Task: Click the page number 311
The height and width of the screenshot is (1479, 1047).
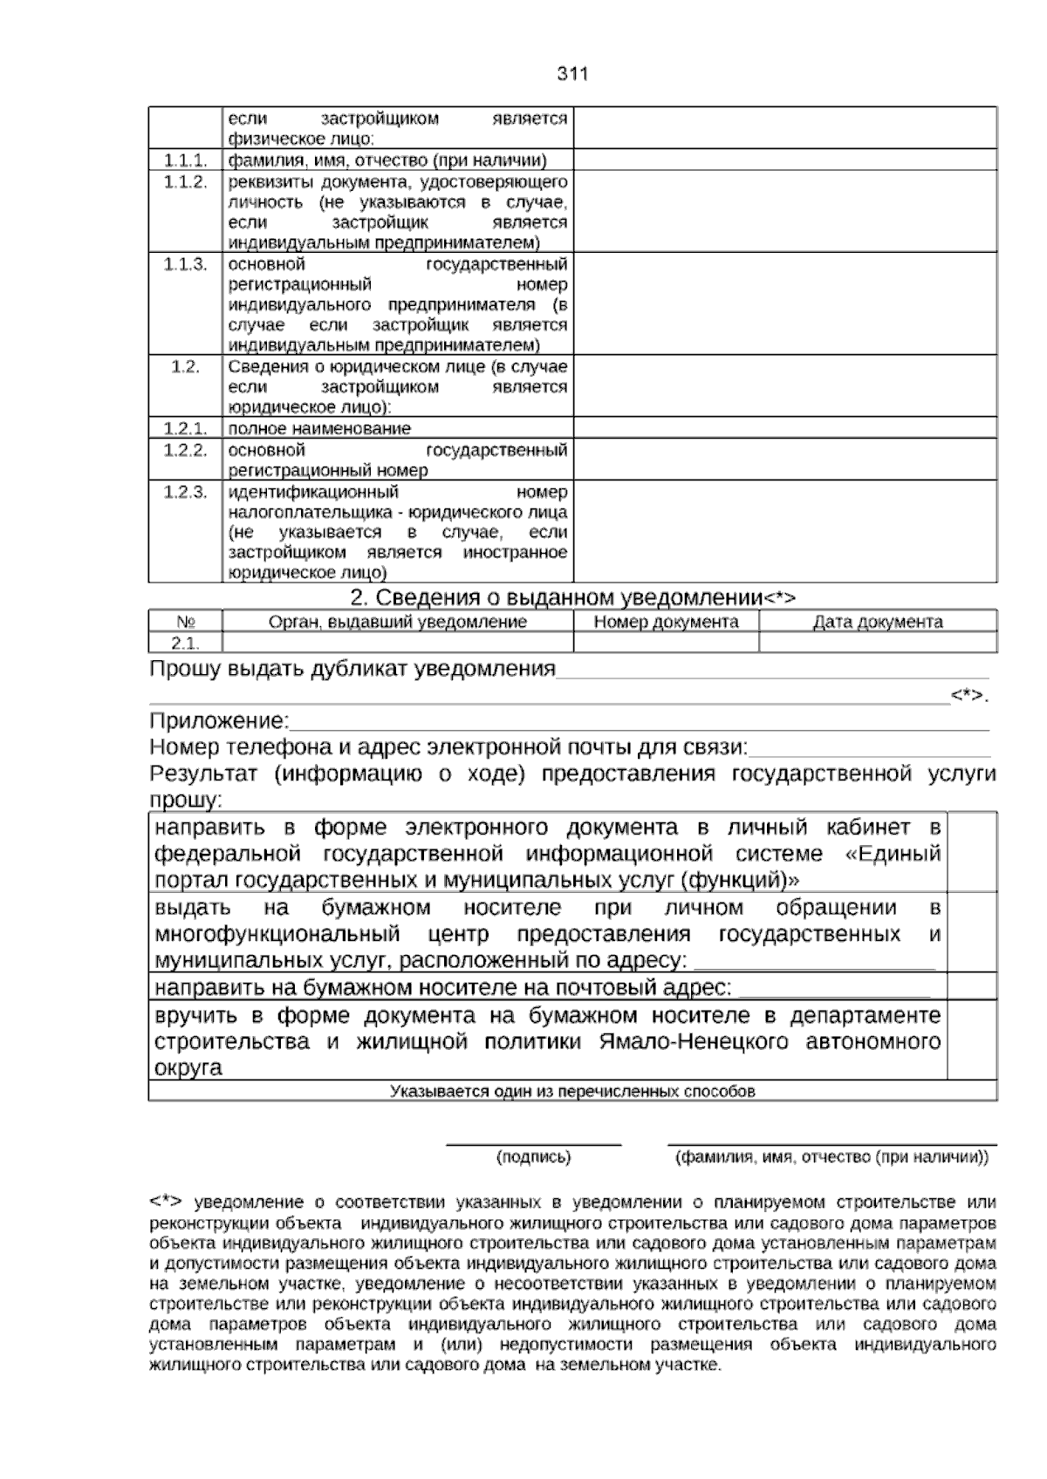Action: click(x=572, y=74)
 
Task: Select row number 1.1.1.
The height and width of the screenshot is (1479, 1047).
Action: click(x=185, y=160)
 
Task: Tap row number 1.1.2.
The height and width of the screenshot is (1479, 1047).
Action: click(x=185, y=181)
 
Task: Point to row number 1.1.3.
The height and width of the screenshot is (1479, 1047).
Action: click(x=185, y=264)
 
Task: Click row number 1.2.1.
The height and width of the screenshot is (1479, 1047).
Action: click(x=185, y=428)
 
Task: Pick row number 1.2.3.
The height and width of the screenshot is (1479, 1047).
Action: click(x=185, y=492)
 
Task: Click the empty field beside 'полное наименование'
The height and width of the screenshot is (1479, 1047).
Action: click(x=784, y=427)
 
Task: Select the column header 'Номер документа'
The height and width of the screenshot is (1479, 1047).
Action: click(x=666, y=622)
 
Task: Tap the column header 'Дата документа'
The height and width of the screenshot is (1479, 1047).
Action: click(x=877, y=622)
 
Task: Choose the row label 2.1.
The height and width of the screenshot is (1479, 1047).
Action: click(x=185, y=643)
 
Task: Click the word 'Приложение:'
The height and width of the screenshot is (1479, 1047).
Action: click(x=219, y=721)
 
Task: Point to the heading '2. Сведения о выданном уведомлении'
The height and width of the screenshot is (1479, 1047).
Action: click(x=572, y=597)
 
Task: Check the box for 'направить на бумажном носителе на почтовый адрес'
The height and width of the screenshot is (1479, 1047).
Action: click(x=972, y=986)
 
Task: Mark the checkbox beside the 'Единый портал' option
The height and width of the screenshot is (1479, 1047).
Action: click(x=972, y=852)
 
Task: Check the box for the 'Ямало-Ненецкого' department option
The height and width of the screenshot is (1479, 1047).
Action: click(x=972, y=1040)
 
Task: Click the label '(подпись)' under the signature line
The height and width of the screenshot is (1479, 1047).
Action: click(x=533, y=1157)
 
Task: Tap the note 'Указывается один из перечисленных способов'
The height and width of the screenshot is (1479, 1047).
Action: click(x=572, y=1091)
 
